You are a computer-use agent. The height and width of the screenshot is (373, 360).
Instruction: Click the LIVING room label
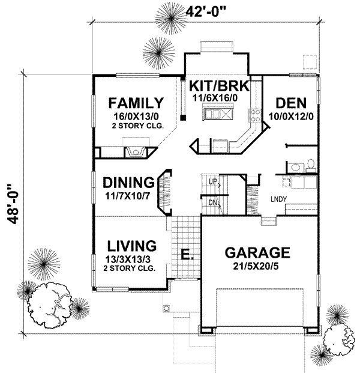(x=132, y=246)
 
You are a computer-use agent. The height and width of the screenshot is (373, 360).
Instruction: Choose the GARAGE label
(x=257, y=252)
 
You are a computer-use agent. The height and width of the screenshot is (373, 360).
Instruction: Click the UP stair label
(x=212, y=181)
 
